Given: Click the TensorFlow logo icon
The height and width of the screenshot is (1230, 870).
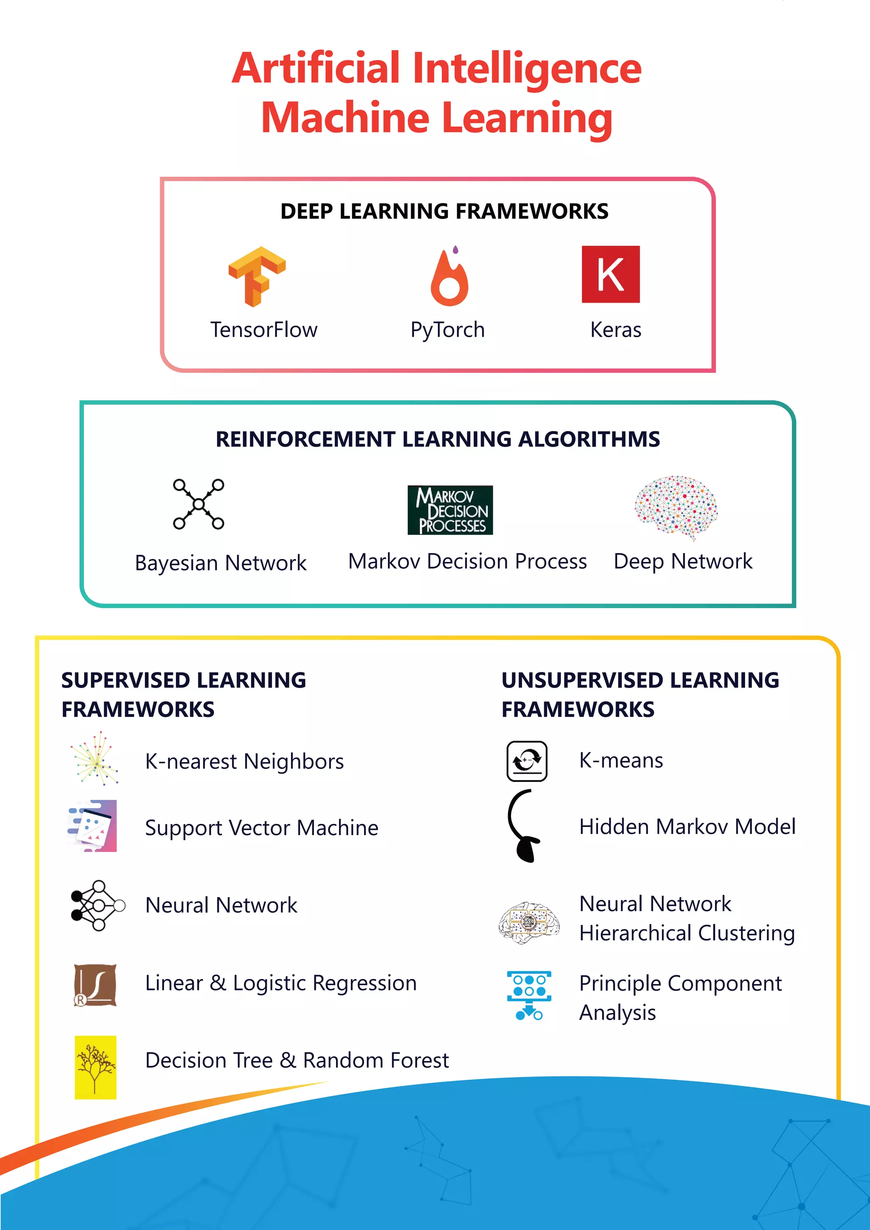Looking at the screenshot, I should tap(257, 276).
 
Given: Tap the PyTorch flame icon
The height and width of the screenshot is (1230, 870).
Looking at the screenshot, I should tap(449, 277).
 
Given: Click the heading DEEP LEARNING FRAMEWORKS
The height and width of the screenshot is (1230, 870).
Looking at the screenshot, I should tap(444, 211).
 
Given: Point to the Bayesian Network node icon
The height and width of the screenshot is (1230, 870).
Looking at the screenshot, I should tap(199, 504).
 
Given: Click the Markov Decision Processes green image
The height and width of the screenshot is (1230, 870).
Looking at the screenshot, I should tap(450, 510).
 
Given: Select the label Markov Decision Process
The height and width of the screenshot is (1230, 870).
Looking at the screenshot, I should tap(467, 561).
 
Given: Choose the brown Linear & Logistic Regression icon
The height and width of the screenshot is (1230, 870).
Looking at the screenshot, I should tap(95, 985).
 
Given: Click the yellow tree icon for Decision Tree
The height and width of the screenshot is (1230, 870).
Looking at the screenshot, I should tap(95, 1067).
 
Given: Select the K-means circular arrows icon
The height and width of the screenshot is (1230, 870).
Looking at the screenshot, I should tap(527, 761).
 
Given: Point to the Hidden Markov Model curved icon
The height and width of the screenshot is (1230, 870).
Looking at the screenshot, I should tap(524, 826).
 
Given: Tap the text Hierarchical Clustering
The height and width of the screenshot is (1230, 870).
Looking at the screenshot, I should tap(687, 933).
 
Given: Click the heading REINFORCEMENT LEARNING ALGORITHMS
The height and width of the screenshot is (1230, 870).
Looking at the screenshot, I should tap(438, 439).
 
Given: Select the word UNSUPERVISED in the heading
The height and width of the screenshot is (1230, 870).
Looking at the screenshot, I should tap(582, 680).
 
